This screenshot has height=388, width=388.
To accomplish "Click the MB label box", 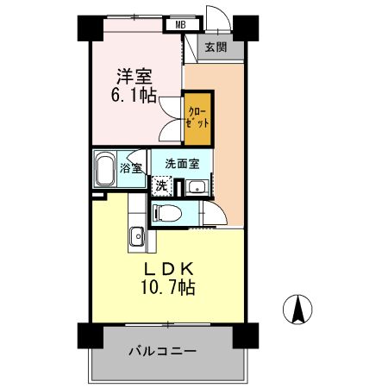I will click(x=180, y=24).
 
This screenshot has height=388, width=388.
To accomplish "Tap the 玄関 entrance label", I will click(x=216, y=47).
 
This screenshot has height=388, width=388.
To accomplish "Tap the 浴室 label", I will click(x=131, y=170).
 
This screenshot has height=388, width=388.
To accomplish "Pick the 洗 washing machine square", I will click(x=162, y=185).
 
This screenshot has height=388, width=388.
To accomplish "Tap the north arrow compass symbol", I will click(x=298, y=308).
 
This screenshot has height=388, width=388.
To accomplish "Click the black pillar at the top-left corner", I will click(x=87, y=27).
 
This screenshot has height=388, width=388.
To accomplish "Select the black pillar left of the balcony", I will click(x=87, y=335).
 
